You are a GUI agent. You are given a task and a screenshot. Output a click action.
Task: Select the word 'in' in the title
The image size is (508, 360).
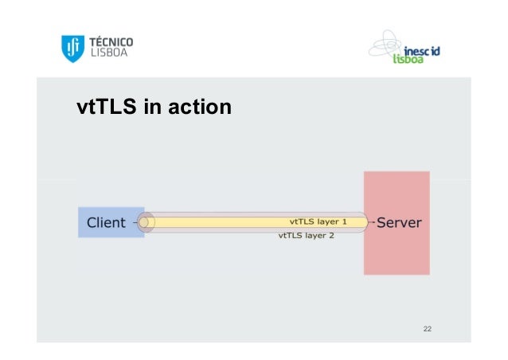pos(151,106)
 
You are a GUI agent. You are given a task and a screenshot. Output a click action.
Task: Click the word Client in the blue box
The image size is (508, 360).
pos(106,222)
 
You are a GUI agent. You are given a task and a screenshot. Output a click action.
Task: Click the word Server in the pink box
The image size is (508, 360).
pos(399,222)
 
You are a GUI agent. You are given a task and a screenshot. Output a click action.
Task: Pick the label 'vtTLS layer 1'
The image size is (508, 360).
pos(318,221)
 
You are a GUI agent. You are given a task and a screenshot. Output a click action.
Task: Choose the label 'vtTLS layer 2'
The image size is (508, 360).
pos(307,236)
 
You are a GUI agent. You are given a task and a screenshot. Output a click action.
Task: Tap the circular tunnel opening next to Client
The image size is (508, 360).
pos(145,222)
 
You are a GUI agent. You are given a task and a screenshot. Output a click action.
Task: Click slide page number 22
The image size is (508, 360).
pos(428,329)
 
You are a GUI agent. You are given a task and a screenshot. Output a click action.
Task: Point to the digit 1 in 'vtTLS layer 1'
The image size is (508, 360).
pos(345,221)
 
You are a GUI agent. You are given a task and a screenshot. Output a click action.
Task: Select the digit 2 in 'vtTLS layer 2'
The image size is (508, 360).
pos(333,236)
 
